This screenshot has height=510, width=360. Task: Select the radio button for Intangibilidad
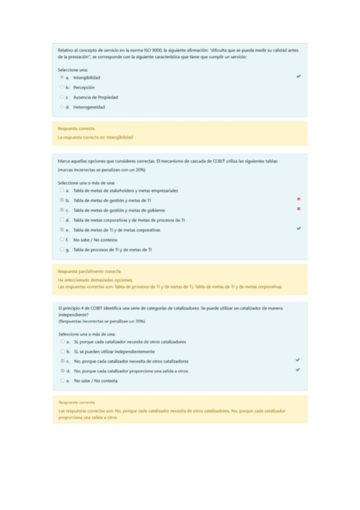62,78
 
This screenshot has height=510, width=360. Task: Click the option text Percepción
84,87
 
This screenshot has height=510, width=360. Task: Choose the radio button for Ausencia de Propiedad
62,97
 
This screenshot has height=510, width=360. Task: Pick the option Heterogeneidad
89,107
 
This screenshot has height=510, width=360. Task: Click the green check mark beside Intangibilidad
299,77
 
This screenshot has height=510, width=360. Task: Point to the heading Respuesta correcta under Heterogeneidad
72,129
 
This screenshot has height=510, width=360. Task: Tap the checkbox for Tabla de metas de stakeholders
62,190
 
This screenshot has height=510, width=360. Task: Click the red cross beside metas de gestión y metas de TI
299,199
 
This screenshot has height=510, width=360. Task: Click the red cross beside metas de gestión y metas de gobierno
299,209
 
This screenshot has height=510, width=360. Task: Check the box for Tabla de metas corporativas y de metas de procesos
62,220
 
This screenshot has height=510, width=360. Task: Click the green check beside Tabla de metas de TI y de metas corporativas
299,229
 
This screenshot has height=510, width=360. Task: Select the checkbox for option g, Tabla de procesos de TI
62,249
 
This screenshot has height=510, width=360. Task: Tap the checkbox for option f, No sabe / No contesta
62,239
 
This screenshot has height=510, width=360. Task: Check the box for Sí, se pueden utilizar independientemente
62,351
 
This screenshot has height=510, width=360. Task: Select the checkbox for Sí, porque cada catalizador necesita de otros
62,342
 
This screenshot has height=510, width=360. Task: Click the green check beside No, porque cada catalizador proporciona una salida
297,370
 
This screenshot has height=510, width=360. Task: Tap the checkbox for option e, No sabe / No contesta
62,381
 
